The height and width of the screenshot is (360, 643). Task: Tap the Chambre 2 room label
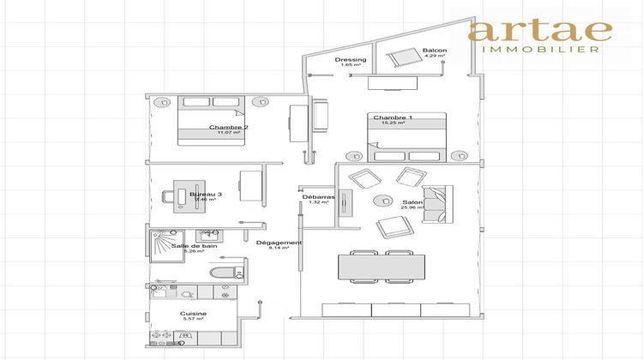pyautogui.click(x=228, y=128)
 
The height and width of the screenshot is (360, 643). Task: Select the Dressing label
pyautogui.click(x=350, y=59)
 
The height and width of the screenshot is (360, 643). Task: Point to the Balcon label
pyautogui.click(x=435, y=51)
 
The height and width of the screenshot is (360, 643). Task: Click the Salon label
pyautogui.click(x=412, y=203)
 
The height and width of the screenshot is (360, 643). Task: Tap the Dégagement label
pyautogui.click(x=279, y=243)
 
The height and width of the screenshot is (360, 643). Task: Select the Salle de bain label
pyautogui.click(x=193, y=246)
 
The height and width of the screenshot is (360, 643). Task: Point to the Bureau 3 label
pyautogui.click(x=205, y=195)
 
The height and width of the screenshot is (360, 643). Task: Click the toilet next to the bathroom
pyautogui.click(x=225, y=273)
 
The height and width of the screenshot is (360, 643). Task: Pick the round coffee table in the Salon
pyautogui.click(x=378, y=201)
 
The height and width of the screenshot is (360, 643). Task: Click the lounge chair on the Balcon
pyautogui.click(x=400, y=59)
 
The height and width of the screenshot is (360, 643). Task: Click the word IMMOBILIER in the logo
pyautogui.click(x=539, y=50)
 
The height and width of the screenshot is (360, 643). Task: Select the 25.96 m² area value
pyautogui.click(x=412, y=209)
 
